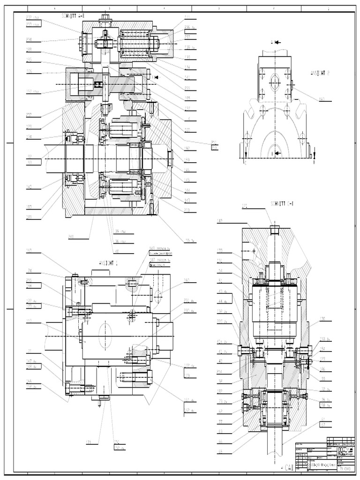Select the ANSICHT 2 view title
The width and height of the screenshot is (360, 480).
(320, 73)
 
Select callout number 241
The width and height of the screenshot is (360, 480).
(72, 236)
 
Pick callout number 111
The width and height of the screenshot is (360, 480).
(187, 17)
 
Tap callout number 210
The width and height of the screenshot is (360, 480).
(187, 210)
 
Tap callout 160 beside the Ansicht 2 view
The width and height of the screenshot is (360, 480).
(322, 99)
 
